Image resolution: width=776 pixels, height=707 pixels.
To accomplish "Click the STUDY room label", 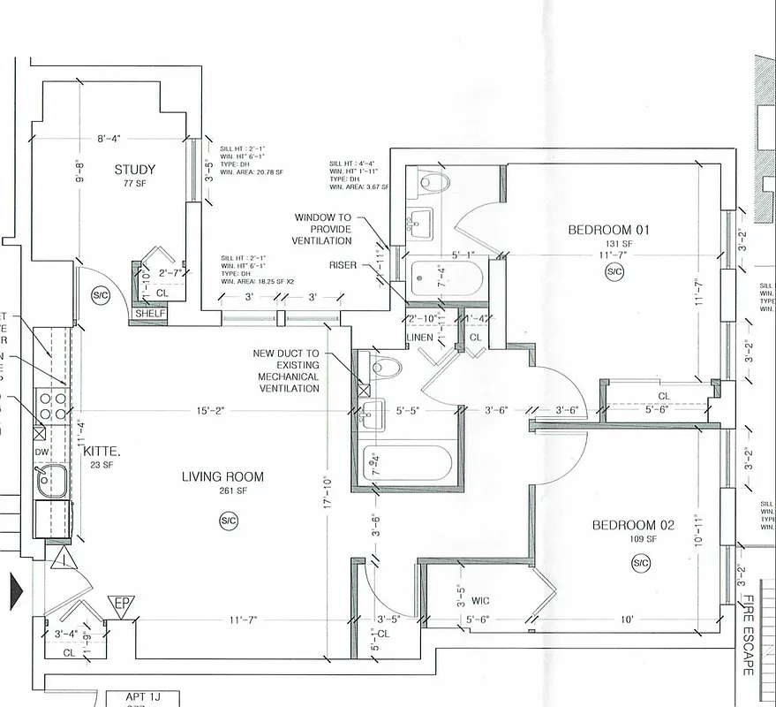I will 134,170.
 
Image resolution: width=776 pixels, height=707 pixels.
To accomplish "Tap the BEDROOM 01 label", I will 608,231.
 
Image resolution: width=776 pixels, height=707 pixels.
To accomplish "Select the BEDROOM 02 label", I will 633,526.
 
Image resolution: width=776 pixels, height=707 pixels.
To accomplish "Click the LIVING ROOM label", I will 222,477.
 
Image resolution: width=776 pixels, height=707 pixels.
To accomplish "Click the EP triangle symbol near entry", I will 120,606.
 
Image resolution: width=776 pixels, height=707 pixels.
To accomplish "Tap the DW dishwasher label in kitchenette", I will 42,452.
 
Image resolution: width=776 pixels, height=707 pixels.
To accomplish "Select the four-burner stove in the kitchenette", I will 52,406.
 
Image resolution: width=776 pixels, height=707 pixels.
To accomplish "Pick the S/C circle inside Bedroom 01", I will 614,272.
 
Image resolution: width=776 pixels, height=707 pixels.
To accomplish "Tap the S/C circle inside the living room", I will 229,521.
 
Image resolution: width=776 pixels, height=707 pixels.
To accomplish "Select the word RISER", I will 343,264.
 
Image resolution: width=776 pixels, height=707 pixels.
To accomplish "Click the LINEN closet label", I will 418,338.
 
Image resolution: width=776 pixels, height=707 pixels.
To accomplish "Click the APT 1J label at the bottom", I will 129,698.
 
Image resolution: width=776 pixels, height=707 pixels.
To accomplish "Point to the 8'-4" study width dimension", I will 109,139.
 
